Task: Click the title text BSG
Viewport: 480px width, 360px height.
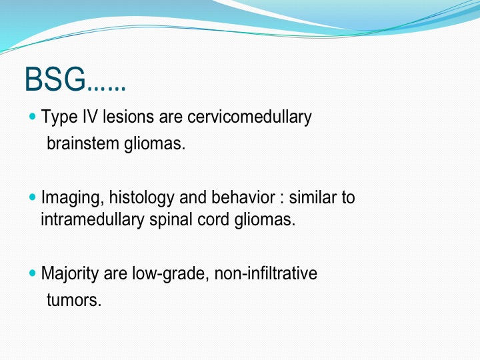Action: point(55,79)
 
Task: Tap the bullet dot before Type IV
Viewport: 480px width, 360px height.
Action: point(33,116)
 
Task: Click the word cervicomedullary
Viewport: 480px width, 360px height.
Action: point(249,117)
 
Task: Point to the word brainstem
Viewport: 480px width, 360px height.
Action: point(83,143)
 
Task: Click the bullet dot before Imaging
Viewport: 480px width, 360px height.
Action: point(33,197)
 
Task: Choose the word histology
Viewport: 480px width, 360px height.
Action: point(141,197)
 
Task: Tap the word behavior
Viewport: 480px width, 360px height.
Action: point(243,197)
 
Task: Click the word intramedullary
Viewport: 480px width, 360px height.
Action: point(93,220)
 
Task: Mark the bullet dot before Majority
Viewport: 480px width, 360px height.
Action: point(33,273)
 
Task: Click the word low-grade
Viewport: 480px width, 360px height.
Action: point(171,273)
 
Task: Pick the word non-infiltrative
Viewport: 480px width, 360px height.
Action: point(266,273)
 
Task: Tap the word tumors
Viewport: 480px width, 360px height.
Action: point(74,300)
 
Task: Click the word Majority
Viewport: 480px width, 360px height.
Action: point(69,273)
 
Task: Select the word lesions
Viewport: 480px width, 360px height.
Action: point(128,116)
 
